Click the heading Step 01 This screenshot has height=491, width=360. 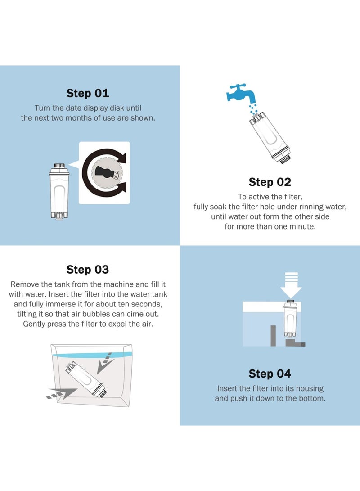[88, 93]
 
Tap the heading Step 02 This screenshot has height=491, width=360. [270, 182]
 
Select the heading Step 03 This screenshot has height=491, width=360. [88, 269]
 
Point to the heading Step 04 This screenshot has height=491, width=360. [270, 374]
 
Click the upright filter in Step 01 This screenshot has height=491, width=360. [59, 191]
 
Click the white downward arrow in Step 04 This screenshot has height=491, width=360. [291, 285]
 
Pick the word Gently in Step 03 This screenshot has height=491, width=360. [34, 324]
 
